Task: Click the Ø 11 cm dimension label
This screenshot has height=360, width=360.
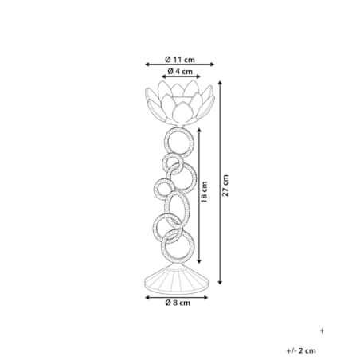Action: point(180,60)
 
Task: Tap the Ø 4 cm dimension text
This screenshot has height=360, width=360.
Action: point(180,71)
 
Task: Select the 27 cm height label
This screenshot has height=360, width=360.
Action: point(225,186)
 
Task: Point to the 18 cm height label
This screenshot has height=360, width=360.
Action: point(204,192)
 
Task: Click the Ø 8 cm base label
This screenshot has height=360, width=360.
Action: point(178,303)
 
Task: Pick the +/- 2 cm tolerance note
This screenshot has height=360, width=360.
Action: point(301,350)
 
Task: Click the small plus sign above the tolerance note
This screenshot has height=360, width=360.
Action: point(322,331)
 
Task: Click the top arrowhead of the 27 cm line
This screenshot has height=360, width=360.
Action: point(220,83)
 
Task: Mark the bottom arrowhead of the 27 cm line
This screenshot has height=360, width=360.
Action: point(220,282)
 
